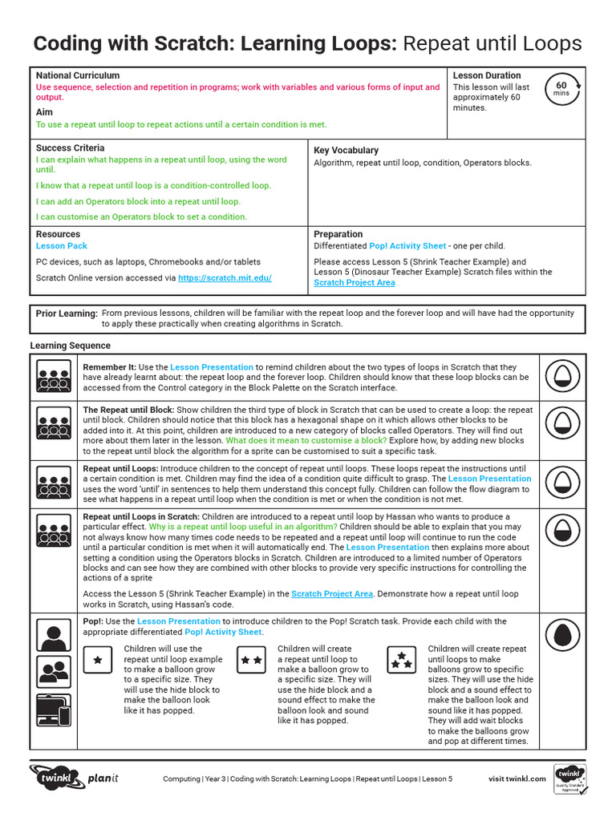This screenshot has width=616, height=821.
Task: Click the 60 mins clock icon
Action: [x=561, y=90]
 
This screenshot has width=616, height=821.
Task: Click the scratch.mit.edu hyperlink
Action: [x=225, y=278]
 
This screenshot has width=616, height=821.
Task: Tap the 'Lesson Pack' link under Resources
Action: [x=62, y=246]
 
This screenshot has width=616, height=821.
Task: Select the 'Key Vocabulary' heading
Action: [x=346, y=150]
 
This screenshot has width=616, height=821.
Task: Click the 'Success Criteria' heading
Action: [x=70, y=148]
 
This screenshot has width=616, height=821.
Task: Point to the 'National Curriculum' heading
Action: [x=78, y=75]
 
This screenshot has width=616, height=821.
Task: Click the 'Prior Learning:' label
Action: [x=67, y=313]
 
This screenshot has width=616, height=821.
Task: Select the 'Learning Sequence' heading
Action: [x=71, y=346]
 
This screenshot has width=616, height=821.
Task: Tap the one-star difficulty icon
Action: [x=98, y=660]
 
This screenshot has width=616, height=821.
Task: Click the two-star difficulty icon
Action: [x=251, y=660]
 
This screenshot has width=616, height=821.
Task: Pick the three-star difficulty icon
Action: [x=402, y=660]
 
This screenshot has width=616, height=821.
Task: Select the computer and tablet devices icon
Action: [x=54, y=711]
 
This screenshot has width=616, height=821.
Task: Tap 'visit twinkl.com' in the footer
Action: [x=517, y=779]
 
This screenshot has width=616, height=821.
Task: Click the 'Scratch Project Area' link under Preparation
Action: [x=354, y=282]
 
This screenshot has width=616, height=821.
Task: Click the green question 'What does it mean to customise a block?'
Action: [x=306, y=440]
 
